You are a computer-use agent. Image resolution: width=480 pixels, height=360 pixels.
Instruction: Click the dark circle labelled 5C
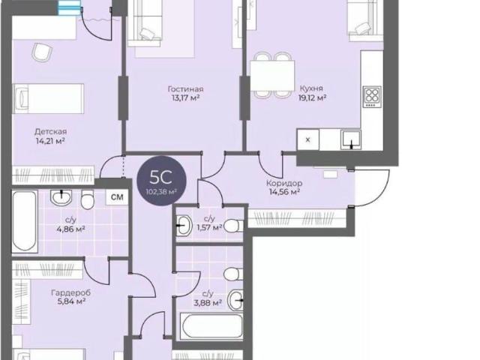click(161, 181)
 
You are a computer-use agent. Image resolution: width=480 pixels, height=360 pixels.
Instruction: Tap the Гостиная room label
click(185, 89)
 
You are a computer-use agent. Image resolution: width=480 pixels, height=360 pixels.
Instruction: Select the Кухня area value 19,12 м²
click(312, 98)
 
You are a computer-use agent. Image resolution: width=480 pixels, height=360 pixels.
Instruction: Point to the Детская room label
click(50, 132)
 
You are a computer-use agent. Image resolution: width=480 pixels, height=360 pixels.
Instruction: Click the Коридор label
click(284, 183)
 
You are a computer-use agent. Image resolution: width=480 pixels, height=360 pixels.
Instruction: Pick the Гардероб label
click(71, 293)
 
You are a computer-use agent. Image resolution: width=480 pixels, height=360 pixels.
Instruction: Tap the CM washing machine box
click(117, 197)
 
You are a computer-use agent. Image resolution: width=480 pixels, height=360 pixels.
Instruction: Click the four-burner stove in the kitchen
click(372, 97)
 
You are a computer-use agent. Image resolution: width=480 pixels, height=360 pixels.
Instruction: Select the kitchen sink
click(351, 140)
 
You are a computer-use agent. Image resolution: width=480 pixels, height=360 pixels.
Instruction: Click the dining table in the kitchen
click(272, 76)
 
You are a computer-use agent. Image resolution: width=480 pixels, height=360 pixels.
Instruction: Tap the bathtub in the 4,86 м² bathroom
click(25, 222)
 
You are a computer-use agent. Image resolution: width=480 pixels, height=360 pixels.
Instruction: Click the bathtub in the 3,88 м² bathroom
click(211, 325)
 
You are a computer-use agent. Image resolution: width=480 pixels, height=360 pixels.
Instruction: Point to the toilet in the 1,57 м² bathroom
click(233, 226)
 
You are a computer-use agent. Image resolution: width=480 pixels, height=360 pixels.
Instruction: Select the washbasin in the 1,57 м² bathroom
click(183, 225)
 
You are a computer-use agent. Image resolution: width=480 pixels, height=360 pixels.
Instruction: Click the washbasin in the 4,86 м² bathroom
click(61, 197)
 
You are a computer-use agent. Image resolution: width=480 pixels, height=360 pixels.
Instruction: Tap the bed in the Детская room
click(48, 99)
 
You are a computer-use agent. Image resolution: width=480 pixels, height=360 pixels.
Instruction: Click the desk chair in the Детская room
click(42, 52)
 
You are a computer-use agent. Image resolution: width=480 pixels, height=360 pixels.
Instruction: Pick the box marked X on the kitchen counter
click(308, 140)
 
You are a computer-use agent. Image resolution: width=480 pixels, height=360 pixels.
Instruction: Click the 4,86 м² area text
click(70, 229)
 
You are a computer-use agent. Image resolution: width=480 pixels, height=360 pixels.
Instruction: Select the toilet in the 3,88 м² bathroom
click(233, 274)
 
